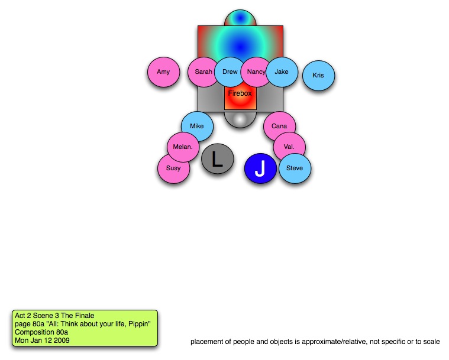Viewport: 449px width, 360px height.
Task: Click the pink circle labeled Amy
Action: (x=163, y=72)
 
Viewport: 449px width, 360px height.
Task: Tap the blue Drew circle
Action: (x=230, y=72)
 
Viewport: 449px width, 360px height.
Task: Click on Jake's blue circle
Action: (x=282, y=72)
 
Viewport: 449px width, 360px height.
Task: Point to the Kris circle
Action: (x=318, y=76)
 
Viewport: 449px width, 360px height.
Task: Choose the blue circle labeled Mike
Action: (x=197, y=127)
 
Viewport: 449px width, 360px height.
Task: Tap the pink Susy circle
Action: (x=173, y=168)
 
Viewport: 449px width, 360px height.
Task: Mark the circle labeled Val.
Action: (x=289, y=147)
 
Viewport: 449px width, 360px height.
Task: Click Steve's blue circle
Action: (x=295, y=168)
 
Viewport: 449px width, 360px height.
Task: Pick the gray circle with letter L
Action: (x=218, y=159)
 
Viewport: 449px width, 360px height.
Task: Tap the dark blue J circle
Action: (x=260, y=168)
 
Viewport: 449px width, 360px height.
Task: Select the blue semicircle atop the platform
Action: (x=240, y=18)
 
